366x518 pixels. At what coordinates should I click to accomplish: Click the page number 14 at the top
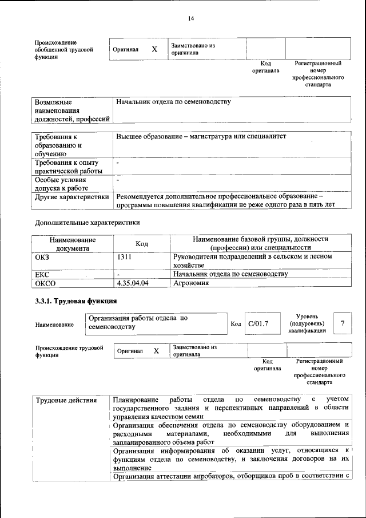click(x=191, y=18)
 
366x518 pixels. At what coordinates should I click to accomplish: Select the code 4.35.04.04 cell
click(x=132, y=283)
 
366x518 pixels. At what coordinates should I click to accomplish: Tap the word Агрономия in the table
click(x=192, y=283)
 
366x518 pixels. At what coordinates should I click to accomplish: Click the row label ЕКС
click(x=43, y=275)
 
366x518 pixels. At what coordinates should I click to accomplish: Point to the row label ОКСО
click(x=46, y=283)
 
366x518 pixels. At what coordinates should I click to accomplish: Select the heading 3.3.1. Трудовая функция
click(x=76, y=301)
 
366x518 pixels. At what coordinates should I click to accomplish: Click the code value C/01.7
click(x=259, y=324)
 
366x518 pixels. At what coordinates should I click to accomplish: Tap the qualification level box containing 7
click(x=343, y=324)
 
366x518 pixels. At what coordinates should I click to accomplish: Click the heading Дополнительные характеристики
click(x=87, y=222)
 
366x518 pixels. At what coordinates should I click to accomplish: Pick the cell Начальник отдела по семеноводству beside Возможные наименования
click(x=173, y=101)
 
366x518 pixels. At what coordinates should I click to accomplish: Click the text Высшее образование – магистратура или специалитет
click(x=201, y=137)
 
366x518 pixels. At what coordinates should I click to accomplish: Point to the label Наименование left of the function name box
click(x=54, y=325)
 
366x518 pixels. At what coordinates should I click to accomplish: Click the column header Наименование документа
click(x=72, y=244)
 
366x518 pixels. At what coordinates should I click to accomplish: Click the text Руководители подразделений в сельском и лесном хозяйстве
click(x=252, y=262)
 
